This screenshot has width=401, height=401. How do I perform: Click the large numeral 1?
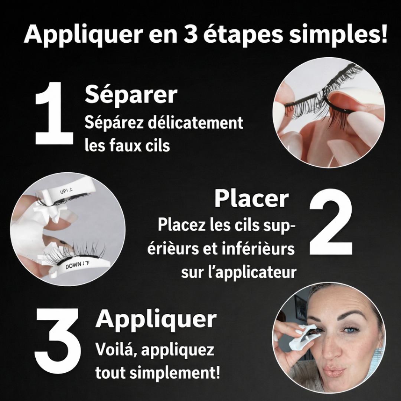54,115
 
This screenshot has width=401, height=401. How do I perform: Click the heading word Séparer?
131,95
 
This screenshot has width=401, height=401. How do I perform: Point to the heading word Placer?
251,199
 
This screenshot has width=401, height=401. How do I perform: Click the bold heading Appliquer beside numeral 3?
156,319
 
